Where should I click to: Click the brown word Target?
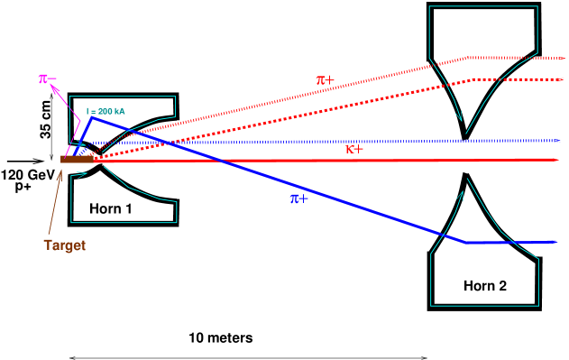(64, 245)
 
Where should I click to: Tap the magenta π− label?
(47, 78)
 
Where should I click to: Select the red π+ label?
(325, 79)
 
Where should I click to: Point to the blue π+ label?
(298, 198)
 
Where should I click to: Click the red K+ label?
(354, 149)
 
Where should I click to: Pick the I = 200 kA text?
(106, 111)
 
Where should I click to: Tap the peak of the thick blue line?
(91, 116)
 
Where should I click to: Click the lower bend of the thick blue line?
(466, 242)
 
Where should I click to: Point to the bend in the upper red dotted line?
(466, 58)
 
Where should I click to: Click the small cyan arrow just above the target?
(81, 143)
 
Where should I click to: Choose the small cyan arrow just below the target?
(81, 175)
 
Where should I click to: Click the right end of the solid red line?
(556, 159)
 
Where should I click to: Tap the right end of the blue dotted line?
(558, 141)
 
